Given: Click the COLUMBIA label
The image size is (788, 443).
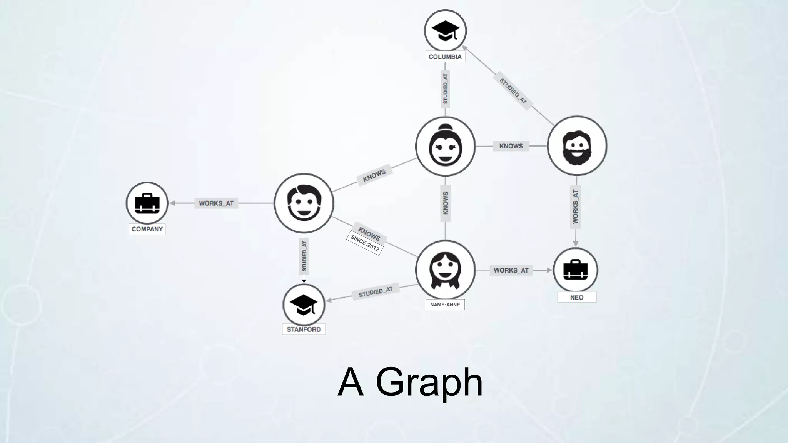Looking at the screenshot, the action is pos(445,57).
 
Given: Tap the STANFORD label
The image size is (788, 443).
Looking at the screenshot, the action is pos(304,330).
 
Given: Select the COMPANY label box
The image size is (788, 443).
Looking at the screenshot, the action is pos(147,229).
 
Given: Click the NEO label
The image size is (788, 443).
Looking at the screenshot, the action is pos(576,297).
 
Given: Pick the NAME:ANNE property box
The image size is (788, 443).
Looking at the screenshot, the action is pos(445,305).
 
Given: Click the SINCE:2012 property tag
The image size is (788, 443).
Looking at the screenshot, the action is pos(364,244).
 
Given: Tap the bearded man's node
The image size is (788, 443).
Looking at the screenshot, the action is pos(576,146).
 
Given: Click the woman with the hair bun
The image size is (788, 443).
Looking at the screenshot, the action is pos(445,146).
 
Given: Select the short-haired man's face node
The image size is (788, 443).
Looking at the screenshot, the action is pos(304,203).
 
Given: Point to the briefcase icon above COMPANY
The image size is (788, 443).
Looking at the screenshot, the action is pos(147,203).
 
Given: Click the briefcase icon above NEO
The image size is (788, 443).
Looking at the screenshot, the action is pos(575,270).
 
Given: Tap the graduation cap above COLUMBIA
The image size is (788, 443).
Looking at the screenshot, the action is pos(445,30).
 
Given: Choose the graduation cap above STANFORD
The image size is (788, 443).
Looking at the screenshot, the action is pos(304,305).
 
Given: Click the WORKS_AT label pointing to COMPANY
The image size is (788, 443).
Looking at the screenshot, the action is pos(216,203).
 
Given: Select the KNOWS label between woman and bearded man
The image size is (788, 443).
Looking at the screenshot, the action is pos(511,146).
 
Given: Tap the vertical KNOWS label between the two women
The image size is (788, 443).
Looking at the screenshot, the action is pos(445,203).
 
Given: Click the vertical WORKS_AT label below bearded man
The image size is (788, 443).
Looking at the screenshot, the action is pos(576,207).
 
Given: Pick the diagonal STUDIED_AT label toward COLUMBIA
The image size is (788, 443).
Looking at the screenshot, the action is pos(513,91).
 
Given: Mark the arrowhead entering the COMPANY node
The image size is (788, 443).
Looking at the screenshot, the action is pos(172,203).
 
